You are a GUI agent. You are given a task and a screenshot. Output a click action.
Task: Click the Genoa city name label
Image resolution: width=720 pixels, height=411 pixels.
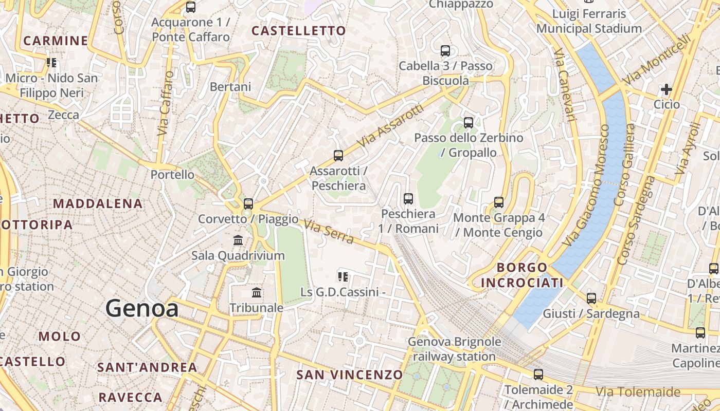[x=142, y=309]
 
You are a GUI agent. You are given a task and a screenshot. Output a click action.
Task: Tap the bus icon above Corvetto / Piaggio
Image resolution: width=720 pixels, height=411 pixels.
[x=248, y=203]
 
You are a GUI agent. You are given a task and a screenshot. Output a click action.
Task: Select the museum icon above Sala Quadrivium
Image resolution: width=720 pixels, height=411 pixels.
[x=238, y=240]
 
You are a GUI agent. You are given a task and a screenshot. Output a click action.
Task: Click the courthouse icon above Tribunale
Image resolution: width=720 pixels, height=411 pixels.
[x=257, y=293]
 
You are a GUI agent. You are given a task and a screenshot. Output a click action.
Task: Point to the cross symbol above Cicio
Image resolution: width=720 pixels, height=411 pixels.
[x=666, y=90]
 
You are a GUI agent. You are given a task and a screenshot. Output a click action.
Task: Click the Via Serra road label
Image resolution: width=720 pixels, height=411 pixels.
[x=328, y=232]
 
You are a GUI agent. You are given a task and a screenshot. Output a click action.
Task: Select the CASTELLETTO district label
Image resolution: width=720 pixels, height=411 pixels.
[x=299, y=31]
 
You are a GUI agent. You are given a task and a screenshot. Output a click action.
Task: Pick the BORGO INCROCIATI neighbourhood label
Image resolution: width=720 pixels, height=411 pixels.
[x=522, y=275]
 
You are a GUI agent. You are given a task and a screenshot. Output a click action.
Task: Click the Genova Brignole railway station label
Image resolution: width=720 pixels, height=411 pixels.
[x=454, y=349]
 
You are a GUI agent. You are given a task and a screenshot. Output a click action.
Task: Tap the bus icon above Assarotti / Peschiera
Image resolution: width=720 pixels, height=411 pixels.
[x=338, y=156]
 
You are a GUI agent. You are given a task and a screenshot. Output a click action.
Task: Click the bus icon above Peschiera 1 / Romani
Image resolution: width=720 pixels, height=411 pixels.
[x=408, y=198]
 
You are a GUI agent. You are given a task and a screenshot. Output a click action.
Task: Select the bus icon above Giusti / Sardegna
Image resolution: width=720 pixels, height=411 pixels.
[x=591, y=298]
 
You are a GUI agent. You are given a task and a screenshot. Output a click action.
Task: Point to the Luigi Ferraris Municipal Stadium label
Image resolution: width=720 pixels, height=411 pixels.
[x=589, y=21]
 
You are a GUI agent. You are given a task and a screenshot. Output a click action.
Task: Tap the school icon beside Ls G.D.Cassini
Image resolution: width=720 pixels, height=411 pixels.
[x=343, y=277]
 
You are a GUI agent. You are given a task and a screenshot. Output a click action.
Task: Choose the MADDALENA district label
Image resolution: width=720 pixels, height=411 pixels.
[x=98, y=203]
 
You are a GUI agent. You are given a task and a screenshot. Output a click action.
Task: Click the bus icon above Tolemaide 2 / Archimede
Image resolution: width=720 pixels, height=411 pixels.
[x=538, y=375]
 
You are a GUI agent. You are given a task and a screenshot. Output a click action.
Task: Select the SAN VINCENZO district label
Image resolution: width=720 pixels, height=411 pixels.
[x=349, y=375]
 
